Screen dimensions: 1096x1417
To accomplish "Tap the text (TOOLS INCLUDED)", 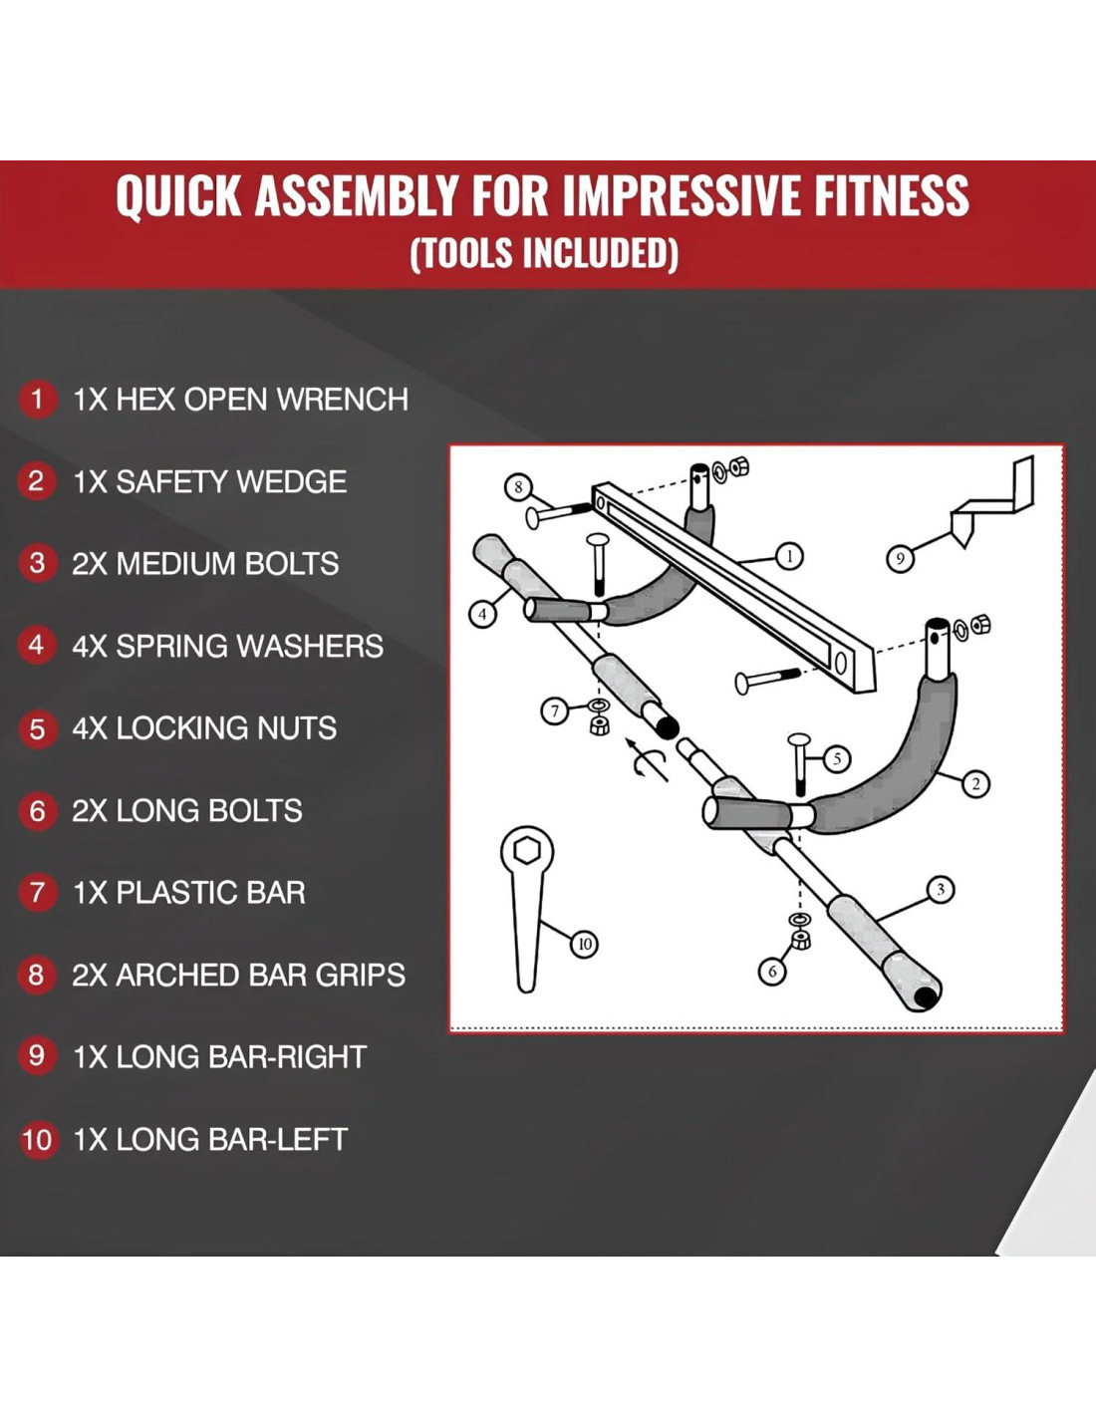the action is (x=544, y=253).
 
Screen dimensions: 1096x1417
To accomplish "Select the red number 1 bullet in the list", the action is (x=37, y=399).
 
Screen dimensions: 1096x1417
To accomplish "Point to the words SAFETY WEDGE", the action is (x=231, y=482).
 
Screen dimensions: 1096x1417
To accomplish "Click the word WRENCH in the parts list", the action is (x=343, y=399).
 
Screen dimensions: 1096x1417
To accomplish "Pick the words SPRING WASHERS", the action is (x=250, y=647).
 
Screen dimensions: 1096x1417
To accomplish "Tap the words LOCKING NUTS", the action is (x=226, y=728).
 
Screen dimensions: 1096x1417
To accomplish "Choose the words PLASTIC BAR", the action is (x=210, y=893).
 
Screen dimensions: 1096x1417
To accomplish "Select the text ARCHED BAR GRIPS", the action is (x=261, y=975).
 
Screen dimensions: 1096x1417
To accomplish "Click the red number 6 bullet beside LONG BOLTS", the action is (x=37, y=811).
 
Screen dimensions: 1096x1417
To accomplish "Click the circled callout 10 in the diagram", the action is (x=584, y=944).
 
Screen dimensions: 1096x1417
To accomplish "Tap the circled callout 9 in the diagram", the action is (x=900, y=559).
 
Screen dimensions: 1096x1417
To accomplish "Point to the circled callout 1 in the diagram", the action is (x=789, y=556).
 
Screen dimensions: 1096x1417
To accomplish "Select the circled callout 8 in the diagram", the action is (x=518, y=487).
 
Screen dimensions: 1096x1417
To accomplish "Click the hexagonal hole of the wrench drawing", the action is (x=527, y=850).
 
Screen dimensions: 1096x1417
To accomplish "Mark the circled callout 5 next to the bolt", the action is (x=837, y=758).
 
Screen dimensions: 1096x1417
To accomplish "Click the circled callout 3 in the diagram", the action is (x=941, y=890).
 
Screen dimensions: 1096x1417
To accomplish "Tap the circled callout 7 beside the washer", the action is (x=555, y=710).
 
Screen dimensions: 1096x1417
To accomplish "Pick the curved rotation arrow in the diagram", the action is (x=646, y=760).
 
